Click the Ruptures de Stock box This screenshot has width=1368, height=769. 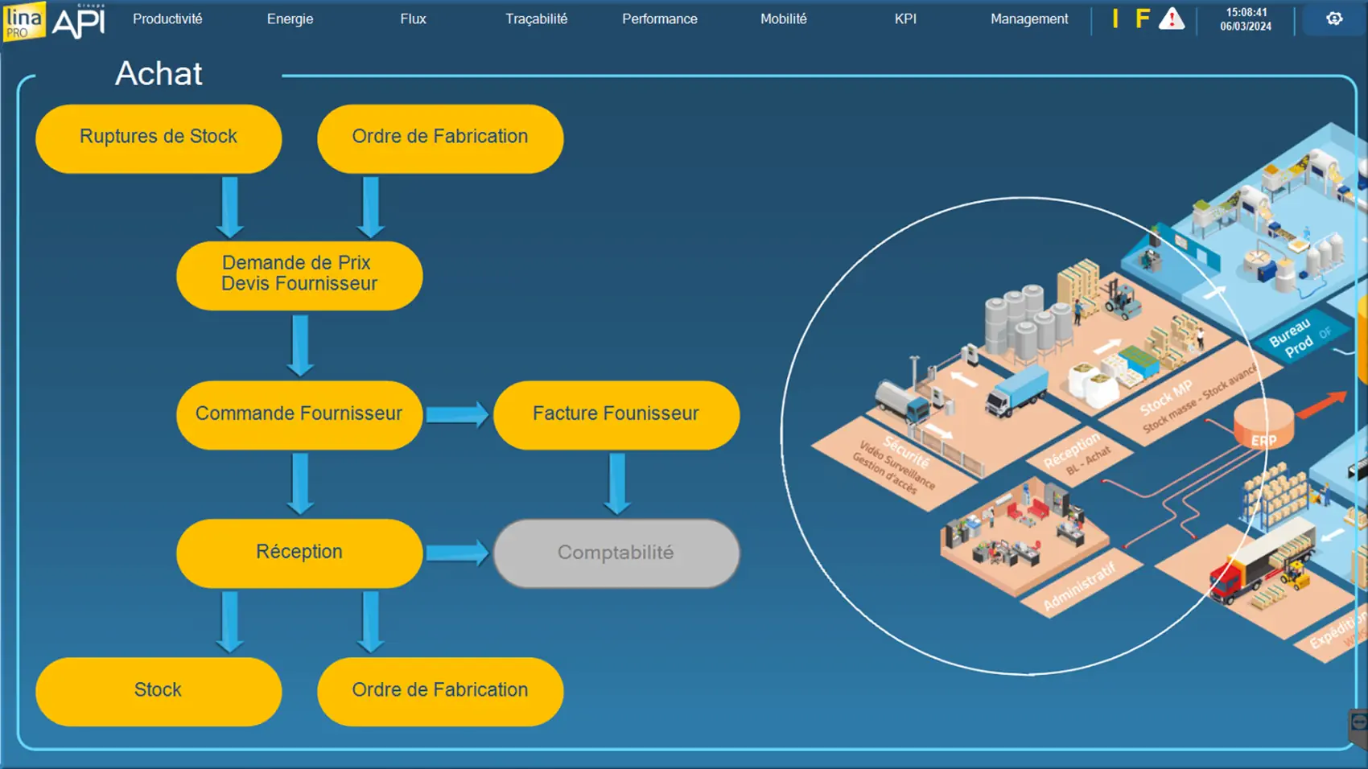pos(159,138)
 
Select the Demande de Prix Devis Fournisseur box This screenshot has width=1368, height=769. pos(299,274)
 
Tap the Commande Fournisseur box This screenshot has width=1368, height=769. pos(299,414)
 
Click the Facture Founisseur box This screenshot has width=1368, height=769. pos(616,414)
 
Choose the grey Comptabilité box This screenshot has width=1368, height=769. pos(616,553)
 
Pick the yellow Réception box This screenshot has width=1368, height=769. pos(299,553)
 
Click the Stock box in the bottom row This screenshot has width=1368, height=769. pos(159,691)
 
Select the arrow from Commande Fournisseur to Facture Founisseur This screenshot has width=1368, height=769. pos(456,414)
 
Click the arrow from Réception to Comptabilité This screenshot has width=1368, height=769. pos(456,553)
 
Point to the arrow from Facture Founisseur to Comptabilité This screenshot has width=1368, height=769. pos(617,483)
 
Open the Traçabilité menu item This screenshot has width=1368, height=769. pos(536,19)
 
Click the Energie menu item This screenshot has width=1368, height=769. pos(290,19)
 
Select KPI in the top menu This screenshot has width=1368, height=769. pos(905,19)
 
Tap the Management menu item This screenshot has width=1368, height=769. pos(1029,19)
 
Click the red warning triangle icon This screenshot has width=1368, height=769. pos(1171,19)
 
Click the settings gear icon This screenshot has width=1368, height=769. pos(1334,19)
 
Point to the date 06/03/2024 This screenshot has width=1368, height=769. pos(1246,27)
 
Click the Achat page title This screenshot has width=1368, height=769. pos(159,74)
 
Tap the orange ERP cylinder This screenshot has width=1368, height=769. pos(1263,425)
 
